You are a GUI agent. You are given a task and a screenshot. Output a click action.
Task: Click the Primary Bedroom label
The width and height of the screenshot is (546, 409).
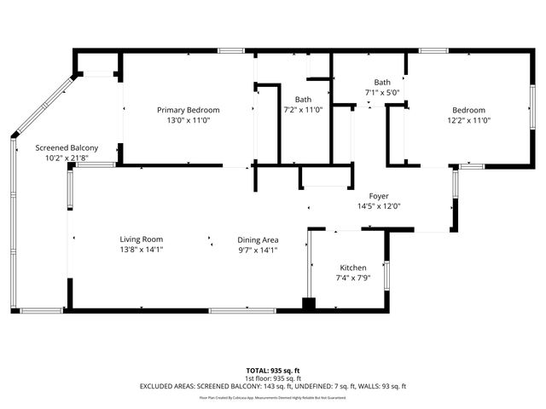(x=189, y=110)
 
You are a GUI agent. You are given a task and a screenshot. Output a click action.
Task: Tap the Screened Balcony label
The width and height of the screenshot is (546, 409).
(x=66, y=147)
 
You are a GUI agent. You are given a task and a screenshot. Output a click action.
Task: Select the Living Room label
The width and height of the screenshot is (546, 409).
(x=141, y=239)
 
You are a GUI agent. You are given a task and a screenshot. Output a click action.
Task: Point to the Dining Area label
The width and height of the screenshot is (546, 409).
(x=258, y=239)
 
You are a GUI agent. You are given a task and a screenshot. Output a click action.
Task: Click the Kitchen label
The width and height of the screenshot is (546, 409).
(x=353, y=267)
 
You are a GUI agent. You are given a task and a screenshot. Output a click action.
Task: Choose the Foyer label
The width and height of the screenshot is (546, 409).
(x=379, y=195)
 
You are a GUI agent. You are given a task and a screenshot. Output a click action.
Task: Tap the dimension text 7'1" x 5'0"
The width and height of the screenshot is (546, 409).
(x=382, y=92)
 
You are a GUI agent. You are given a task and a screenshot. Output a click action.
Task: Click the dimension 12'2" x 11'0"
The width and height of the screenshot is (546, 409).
(x=468, y=120)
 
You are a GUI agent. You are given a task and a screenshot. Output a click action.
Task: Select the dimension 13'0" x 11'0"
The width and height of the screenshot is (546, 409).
(x=189, y=120)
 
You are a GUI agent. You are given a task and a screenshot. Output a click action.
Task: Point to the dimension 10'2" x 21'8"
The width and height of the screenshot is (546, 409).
(x=66, y=158)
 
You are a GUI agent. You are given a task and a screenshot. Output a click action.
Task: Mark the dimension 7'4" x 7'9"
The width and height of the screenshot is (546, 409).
(x=353, y=277)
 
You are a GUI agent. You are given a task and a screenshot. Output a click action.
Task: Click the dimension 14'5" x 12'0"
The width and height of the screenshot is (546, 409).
(x=379, y=205)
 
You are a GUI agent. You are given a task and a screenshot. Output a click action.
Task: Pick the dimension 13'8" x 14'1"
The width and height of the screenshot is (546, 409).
(x=141, y=250)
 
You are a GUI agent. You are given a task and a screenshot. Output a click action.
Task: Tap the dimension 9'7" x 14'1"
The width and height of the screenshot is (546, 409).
(x=258, y=250)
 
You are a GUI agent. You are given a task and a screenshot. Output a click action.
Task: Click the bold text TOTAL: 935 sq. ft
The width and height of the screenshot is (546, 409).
(x=273, y=371)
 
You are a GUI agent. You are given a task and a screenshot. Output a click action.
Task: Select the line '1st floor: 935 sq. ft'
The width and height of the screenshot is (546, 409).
(x=273, y=378)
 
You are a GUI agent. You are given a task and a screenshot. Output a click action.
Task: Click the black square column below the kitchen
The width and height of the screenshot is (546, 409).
(x=309, y=303)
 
